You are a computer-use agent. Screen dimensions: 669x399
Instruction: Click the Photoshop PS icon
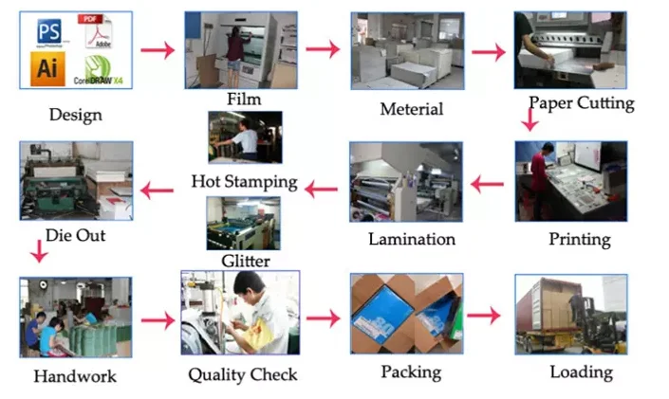pos(48,31)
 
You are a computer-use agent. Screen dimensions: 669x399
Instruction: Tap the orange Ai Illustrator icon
pos(47,68)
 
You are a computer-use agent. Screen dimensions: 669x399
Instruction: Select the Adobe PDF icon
pos(95,30)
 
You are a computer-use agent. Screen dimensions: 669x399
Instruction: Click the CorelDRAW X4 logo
pos(98,70)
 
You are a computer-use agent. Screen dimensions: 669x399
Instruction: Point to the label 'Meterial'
pos(411,109)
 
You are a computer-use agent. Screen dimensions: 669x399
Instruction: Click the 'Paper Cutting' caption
pos(582,103)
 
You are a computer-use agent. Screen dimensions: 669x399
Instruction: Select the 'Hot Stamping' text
pos(244,182)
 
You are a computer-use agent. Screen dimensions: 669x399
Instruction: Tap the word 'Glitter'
pos(246,261)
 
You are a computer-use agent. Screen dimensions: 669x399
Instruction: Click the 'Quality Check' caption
pos(243,374)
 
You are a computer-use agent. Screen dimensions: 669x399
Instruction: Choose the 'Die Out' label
pos(75,235)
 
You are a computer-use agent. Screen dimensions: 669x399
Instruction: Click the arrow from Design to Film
pos(158,50)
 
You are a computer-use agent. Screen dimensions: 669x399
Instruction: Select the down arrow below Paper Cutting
pos(530,119)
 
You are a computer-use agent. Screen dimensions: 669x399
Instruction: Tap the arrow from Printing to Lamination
pos(487,184)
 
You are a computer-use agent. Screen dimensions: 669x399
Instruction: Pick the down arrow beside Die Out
pos(39,251)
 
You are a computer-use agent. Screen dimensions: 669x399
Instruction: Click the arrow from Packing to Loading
pos(484,316)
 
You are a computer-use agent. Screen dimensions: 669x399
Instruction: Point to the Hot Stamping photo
pos(245,137)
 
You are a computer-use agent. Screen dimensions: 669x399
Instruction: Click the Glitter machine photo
pos(243,224)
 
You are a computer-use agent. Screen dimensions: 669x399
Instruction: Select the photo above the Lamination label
pos(406,182)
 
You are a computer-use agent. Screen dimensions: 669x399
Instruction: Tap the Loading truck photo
pos(571,315)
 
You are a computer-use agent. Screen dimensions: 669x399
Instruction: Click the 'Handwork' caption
pos(75,376)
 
